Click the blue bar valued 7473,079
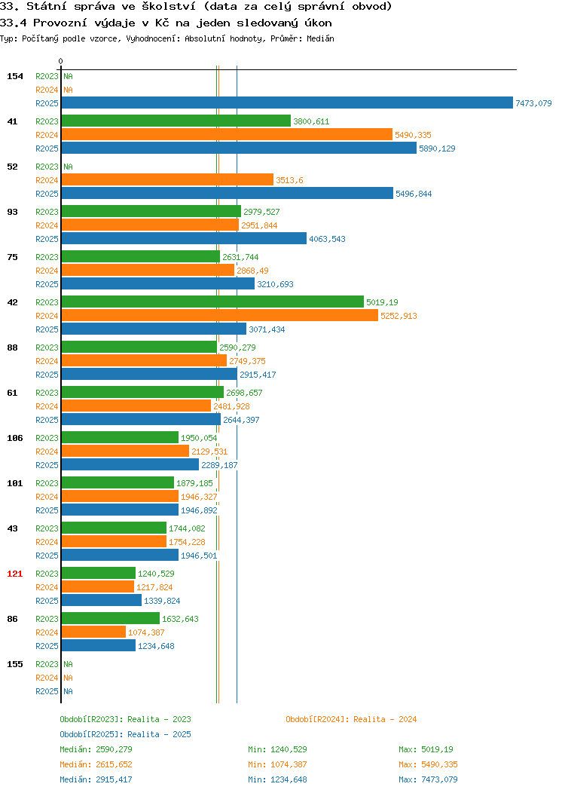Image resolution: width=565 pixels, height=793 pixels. pyautogui.click(x=287, y=103)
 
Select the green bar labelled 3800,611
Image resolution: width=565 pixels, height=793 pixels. pyautogui.click(x=176, y=121)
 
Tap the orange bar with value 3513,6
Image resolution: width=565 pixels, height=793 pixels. pyautogui.click(x=168, y=179)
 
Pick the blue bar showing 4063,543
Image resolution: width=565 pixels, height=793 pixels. pyautogui.click(x=184, y=238)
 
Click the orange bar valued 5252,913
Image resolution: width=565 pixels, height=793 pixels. pyautogui.click(x=220, y=315)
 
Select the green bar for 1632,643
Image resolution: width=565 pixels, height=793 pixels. pyautogui.click(x=111, y=618)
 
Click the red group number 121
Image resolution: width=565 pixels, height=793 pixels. pyautogui.click(x=14, y=574)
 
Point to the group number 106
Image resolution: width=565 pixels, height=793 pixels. pyautogui.click(x=14, y=438)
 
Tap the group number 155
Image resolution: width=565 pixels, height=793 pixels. pyautogui.click(x=14, y=664)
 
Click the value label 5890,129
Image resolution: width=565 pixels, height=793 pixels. pyautogui.click(x=437, y=148)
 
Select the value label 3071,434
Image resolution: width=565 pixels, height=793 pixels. pyautogui.click(x=267, y=329)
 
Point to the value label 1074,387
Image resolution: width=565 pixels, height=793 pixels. pyautogui.click(x=146, y=632)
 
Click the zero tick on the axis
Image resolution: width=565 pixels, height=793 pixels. pyautogui.click(x=61, y=61)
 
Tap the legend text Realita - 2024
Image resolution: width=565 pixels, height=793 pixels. pyautogui.click(x=385, y=719)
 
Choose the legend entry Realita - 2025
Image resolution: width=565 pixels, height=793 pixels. pyautogui.click(x=159, y=734)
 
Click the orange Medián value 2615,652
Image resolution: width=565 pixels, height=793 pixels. pyautogui.click(x=114, y=764)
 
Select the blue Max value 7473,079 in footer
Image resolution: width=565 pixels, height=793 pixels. pyautogui.click(x=439, y=780)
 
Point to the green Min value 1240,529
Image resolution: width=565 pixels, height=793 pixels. pyautogui.click(x=289, y=749)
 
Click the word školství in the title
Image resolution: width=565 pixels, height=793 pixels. pyautogui.click(x=168, y=7)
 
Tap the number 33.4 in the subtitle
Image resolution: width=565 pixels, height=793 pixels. pyautogui.click(x=13, y=23)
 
